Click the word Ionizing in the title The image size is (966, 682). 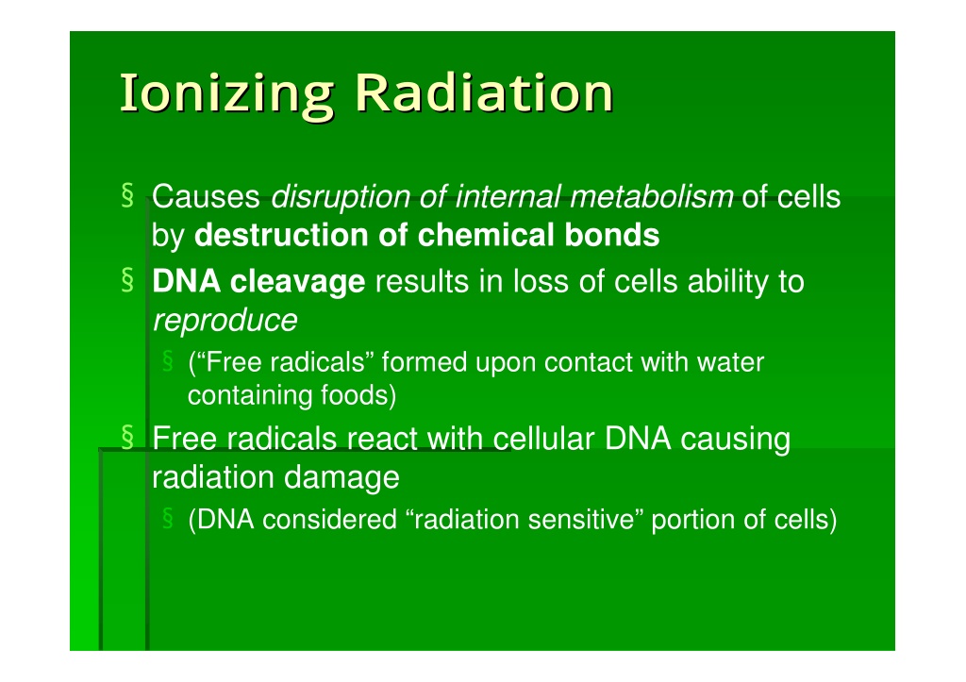tap(226, 94)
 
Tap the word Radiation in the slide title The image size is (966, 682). tap(484, 92)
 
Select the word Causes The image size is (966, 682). tap(206, 197)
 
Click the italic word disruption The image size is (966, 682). tap(341, 198)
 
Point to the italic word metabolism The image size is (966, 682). tap(652, 197)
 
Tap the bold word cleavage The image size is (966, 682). tap(297, 283)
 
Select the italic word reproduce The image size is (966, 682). tap(225, 322)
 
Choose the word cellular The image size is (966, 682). tap(543, 440)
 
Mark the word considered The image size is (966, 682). tap(329, 520)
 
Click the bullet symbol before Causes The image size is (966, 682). tap(127, 195)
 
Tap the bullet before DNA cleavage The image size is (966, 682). tap(127, 280)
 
